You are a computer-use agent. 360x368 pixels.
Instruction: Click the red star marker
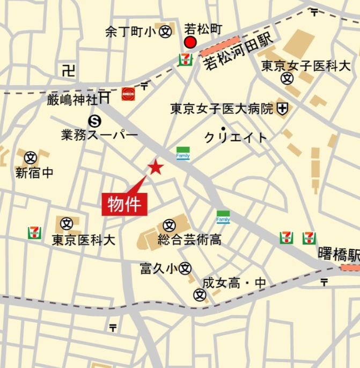[156, 167]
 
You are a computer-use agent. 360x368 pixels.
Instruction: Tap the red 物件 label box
[124, 205]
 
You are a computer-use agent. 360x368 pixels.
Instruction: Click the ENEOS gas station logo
[128, 94]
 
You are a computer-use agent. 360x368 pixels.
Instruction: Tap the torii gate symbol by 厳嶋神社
[105, 97]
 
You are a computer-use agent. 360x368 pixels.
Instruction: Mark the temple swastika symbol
[68, 70]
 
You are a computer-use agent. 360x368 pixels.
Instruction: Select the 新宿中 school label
[34, 173]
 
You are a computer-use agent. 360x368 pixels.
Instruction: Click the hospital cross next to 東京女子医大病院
[282, 109]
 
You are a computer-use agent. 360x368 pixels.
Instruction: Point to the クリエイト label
[236, 138]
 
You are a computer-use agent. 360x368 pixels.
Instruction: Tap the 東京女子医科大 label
[306, 66]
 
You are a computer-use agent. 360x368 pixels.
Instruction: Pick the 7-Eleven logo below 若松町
[186, 59]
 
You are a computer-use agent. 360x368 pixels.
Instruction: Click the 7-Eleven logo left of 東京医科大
[34, 233]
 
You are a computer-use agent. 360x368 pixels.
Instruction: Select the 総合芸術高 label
[189, 240]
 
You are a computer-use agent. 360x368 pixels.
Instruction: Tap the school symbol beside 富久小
[186, 268]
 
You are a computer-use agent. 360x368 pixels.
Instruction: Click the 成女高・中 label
[234, 283]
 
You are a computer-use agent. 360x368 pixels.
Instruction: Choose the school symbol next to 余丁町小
[166, 32]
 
